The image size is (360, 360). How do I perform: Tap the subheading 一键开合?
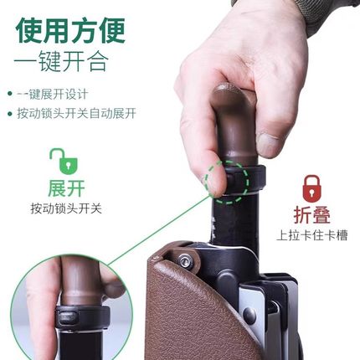pyautogui.click(x=67, y=62)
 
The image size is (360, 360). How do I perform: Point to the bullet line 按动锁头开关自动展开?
pyautogui.click(x=75, y=113)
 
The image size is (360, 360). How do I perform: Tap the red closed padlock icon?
pyautogui.click(x=311, y=187)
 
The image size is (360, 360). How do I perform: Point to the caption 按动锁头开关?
pyautogui.click(x=66, y=208)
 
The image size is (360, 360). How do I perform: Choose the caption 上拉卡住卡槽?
pyautogui.click(x=312, y=235)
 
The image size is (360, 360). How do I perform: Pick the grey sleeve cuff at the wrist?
pyautogui.click(x=331, y=13)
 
